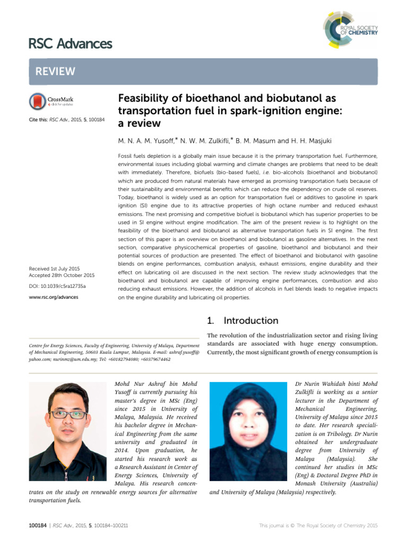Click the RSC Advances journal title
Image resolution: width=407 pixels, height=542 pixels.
tap(70, 43)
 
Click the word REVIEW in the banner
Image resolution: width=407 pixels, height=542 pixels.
tap(56, 71)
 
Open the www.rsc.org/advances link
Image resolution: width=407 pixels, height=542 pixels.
tap(54, 297)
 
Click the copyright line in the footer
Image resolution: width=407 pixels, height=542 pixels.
tap(318, 526)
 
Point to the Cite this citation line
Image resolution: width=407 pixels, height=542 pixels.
tap(66, 120)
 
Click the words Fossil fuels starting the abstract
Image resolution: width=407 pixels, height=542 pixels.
tap(134, 157)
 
